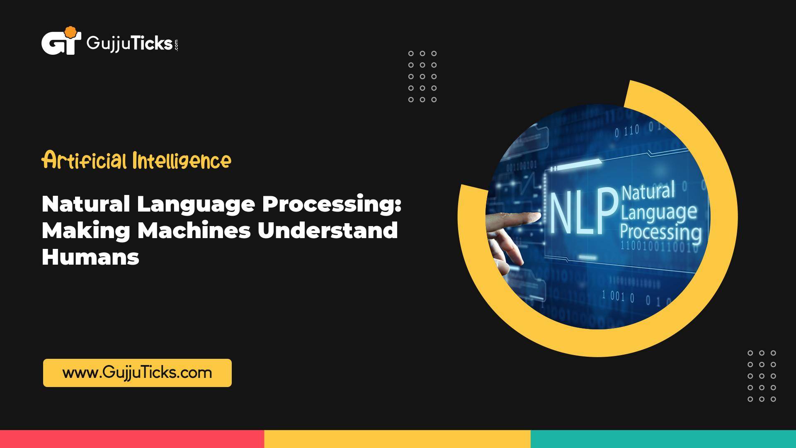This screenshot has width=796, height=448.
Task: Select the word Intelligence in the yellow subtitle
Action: (182, 161)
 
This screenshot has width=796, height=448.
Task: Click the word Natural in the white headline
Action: (86, 204)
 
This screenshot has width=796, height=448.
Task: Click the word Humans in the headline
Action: (90, 257)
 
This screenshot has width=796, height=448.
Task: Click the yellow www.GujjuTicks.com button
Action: (137, 373)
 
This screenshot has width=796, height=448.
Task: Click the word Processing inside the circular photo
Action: (660, 232)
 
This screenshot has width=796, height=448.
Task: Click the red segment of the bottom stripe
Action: (132, 439)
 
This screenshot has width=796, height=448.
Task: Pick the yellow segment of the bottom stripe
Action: (397, 439)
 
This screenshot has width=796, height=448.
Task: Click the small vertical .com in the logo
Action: (177, 45)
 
